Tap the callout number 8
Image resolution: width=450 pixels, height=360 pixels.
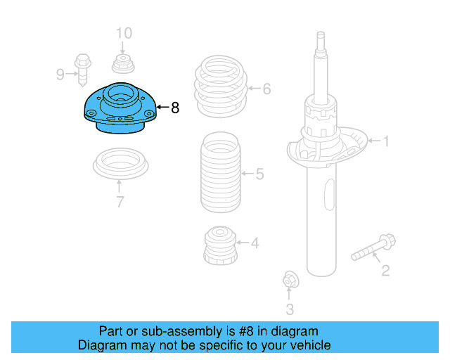pos(175,108)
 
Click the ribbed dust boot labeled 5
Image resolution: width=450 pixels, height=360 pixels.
pos(219,172)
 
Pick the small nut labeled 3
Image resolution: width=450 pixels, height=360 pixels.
pos(289,281)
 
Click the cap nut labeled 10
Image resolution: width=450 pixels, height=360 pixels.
pos(123,63)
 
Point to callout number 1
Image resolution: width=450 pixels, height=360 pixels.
pos(385,141)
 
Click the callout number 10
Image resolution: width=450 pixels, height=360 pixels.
pos(123,32)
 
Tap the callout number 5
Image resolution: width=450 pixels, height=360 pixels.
pos(259,173)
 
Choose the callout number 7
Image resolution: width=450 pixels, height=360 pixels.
pos(120,202)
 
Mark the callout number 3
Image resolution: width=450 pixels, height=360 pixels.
pos(290,309)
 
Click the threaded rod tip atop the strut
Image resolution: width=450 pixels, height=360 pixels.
pos(321,39)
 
